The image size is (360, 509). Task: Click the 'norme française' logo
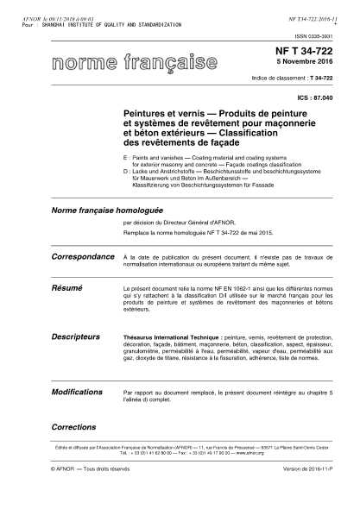pos(134,64)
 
